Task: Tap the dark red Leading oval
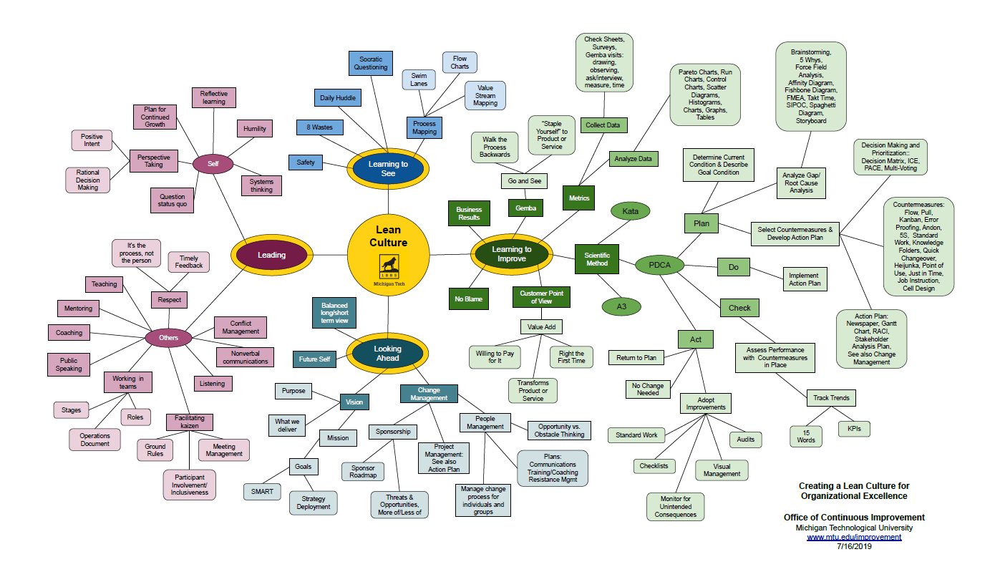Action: [271, 255]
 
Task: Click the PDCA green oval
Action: [659, 266]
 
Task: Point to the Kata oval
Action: [630, 211]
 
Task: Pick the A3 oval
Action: [621, 306]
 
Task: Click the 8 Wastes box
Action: [319, 127]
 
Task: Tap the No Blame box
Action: [470, 298]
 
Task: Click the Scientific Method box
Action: [597, 258]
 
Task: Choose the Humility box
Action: [254, 129]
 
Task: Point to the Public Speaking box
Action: [69, 364]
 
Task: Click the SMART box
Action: [262, 492]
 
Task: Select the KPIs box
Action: [854, 429]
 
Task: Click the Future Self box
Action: [314, 359]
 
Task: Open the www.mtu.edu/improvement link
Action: [854, 537]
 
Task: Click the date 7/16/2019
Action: [854, 546]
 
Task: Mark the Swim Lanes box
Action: [419, 79]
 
